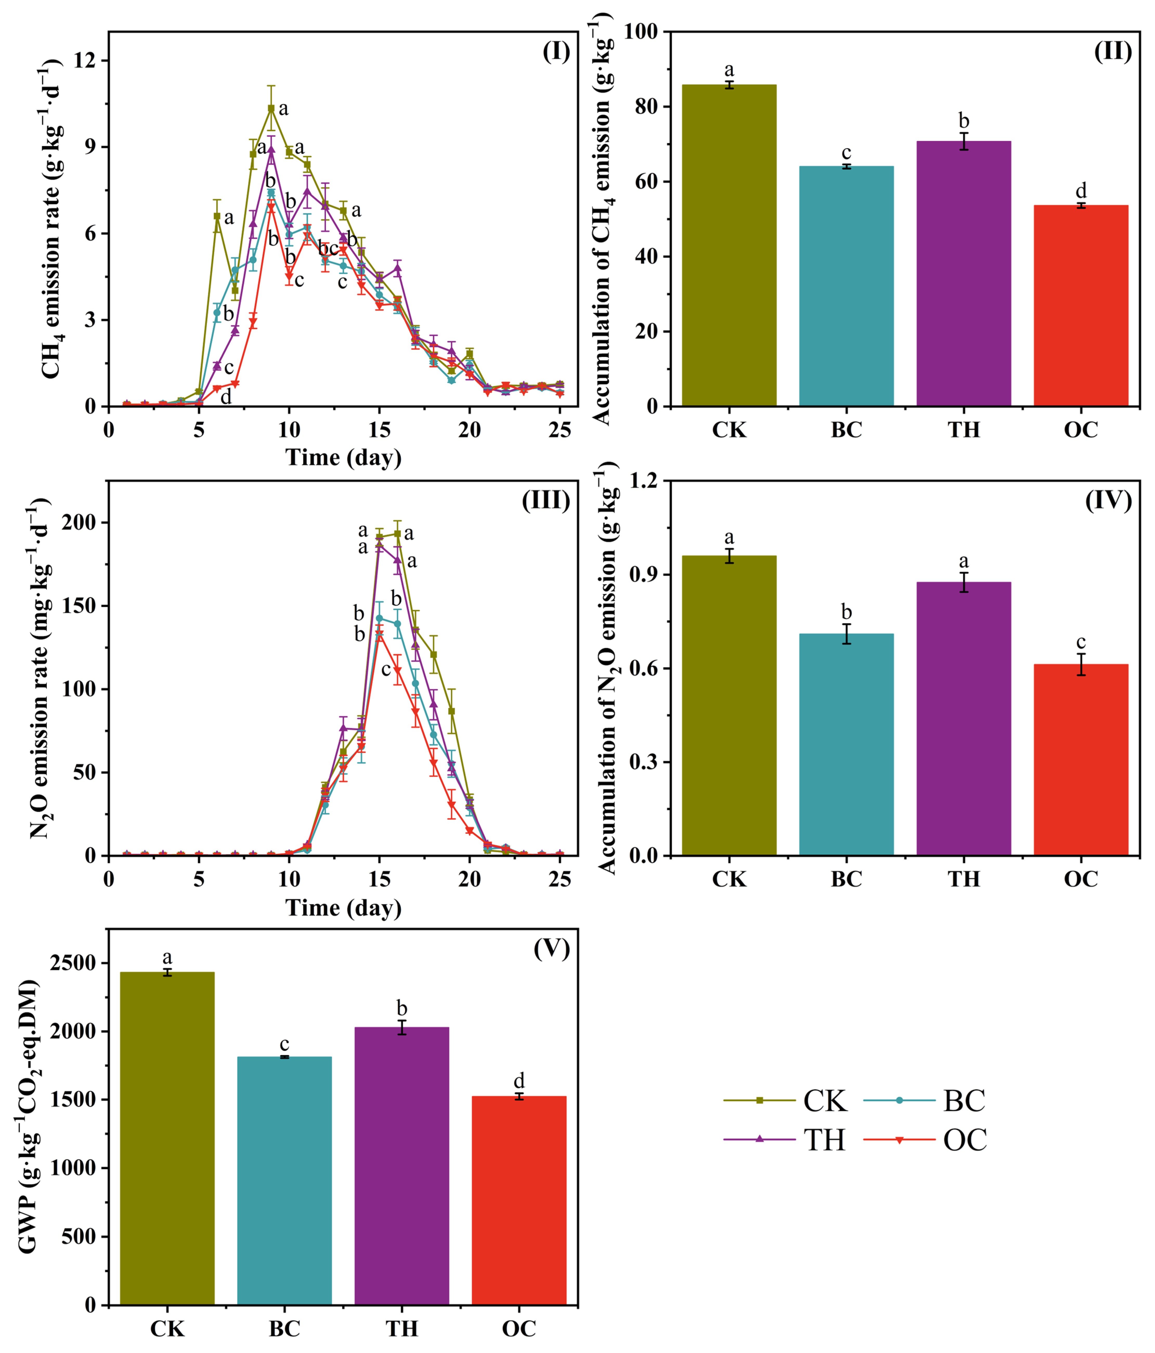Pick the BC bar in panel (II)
(x=846, y=286)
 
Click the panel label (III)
(x=546, y=500)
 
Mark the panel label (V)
(x=552, y=949)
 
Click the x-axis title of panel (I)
(x=343, y=457)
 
